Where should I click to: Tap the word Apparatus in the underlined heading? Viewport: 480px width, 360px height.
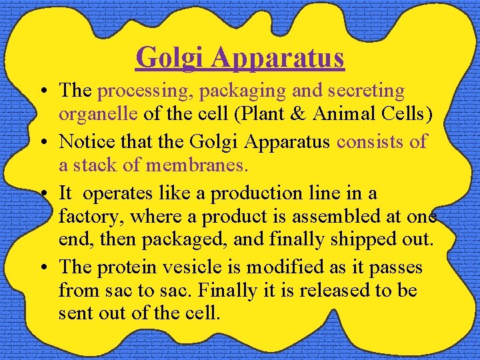click(278, 58)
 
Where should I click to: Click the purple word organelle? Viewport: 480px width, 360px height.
click(98, 114)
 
